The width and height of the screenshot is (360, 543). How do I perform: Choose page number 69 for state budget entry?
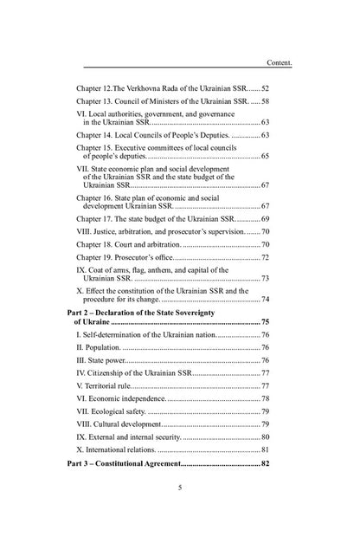pos(266,219)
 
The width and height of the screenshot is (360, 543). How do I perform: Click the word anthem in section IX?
pos(161,270)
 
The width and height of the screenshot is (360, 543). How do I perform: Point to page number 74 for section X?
pos(266,300)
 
